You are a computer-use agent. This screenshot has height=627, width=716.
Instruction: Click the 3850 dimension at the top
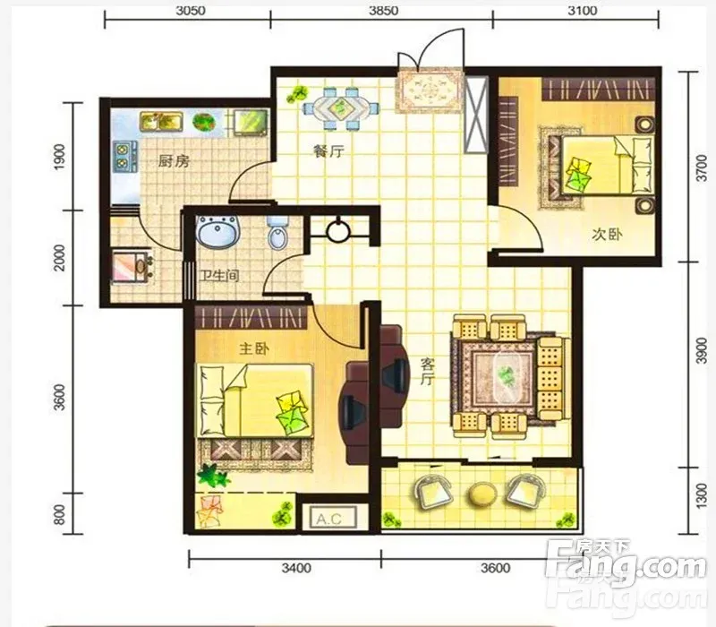(x=383, y=10)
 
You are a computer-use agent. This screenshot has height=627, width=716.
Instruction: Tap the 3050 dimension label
(x=191, y=10)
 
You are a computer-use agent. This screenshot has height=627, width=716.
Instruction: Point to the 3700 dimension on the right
(x=701, y=167)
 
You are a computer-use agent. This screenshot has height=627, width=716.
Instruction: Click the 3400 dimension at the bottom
(x=296, y=568)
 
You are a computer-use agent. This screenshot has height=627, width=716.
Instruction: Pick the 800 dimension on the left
(x=60, y=514)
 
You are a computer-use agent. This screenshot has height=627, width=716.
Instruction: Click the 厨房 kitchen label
(x=174, y=161)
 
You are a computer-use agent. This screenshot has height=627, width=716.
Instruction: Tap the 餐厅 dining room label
(x=328, y=150)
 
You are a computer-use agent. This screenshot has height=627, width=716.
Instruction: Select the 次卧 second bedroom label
(x=607, y=235)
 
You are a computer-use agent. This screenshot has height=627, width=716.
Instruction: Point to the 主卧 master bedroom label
(x=254, y=348)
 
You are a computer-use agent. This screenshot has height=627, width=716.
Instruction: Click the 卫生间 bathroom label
(x=219, y=276)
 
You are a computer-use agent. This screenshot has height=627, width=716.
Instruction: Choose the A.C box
(x=328, y=519)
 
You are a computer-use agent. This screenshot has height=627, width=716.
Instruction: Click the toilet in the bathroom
(x=277, y=232)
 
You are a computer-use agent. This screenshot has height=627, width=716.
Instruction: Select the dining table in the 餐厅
(x=340, y=108)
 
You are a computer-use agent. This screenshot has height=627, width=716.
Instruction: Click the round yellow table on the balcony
(x=482, y=494)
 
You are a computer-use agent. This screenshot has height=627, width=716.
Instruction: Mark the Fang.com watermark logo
(x=626, y=566)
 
